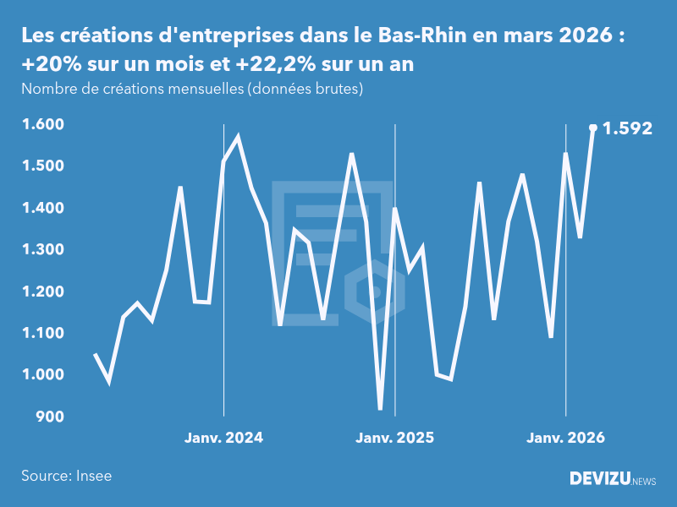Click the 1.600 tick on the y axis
[41, 124]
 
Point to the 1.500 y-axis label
[41, 166]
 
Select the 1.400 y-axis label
[41, 208]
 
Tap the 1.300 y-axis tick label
[41, 249]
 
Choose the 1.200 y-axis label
[41, 292]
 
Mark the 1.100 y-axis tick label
[41, 333]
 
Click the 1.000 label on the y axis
[41, 375]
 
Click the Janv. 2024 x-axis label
[223, 438]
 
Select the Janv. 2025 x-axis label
[394, 438]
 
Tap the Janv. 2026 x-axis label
[566, 438]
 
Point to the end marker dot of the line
[593, 128]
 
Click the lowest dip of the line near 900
[380, 409]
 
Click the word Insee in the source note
[92, 476]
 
